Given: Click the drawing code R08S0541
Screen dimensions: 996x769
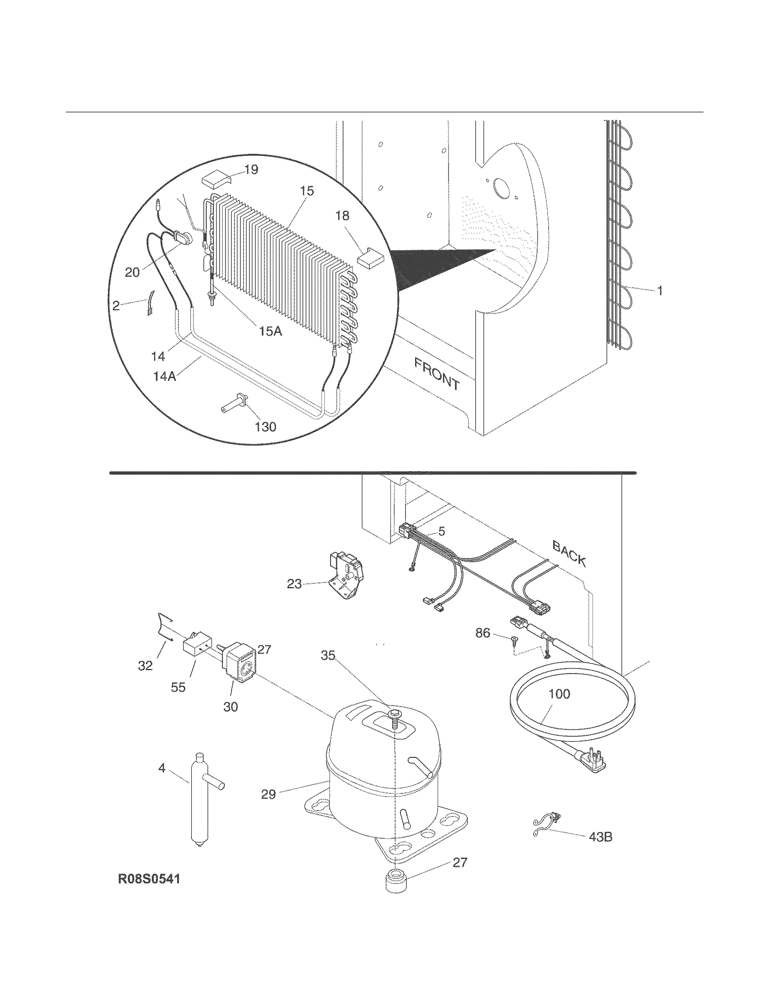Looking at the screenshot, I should (149, 879).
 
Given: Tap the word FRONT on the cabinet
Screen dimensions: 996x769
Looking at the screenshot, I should (436, 374).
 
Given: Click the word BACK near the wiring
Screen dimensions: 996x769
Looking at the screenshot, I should (569, 554).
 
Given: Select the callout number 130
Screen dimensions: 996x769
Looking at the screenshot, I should (265, 427).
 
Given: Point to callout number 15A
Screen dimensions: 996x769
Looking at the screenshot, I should (271, 331).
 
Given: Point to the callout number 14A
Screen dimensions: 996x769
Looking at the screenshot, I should (164, 376).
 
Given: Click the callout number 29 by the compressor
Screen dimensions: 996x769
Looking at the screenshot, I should (268, 794).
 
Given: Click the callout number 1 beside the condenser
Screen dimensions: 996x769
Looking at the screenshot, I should (660, 290).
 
